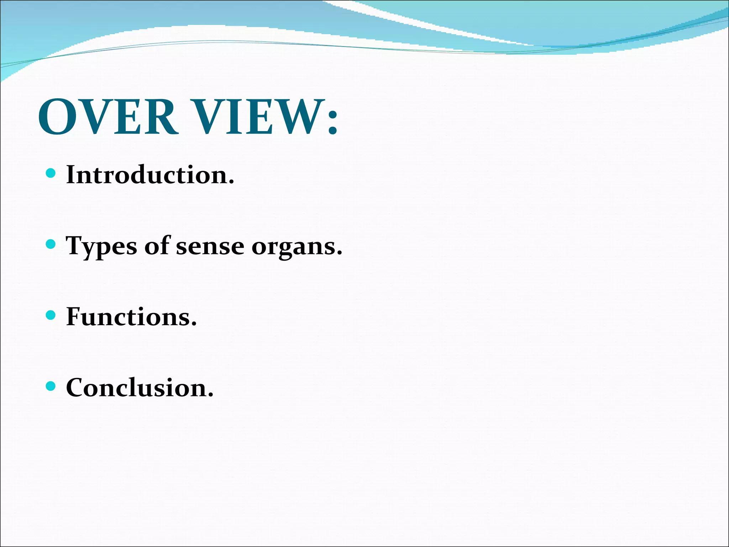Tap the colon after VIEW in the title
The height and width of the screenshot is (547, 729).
[332, 122]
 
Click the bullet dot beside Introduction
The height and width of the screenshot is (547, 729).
[51, 173]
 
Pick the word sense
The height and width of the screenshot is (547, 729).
[210, 247]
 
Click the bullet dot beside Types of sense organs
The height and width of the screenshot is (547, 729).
[51, 244]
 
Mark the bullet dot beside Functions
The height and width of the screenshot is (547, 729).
[51, 315]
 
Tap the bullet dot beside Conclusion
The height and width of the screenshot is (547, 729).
[51, 386]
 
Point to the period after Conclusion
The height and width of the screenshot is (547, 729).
[210, 395]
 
